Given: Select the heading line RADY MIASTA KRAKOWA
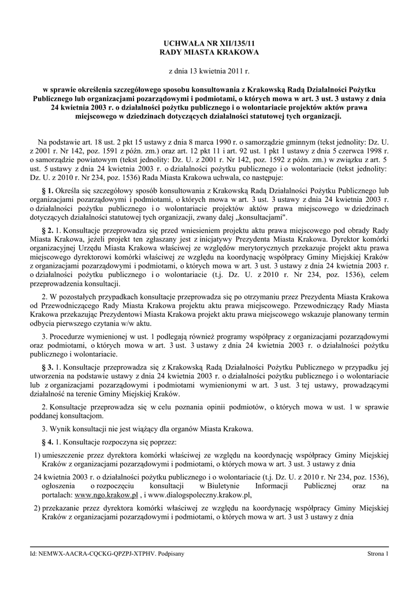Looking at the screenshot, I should pyautogui.click(x=209, y=52).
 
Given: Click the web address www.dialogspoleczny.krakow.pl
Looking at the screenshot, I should pyautogui.click(x=202, y=495).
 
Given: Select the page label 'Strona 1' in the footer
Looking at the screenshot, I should pyautogui.click(x=378, y=553).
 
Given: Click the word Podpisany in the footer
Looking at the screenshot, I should pyautogui.click(x=171, y=553).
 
